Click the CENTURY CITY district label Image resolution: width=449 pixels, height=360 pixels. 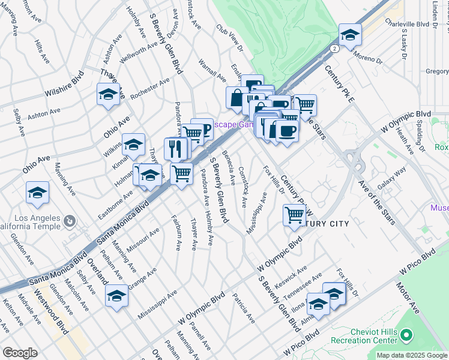324,224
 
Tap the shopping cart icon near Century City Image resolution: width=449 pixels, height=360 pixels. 294,214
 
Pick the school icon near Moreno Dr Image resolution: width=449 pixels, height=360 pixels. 350,34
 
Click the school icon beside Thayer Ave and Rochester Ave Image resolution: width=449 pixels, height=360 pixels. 108,94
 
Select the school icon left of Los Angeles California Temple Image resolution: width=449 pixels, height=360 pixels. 37,193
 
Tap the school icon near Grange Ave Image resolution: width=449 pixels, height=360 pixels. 116,295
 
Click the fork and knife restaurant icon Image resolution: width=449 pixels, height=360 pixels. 175,148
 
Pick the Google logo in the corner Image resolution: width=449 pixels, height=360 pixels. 20,353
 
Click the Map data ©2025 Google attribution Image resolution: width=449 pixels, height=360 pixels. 411,355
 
